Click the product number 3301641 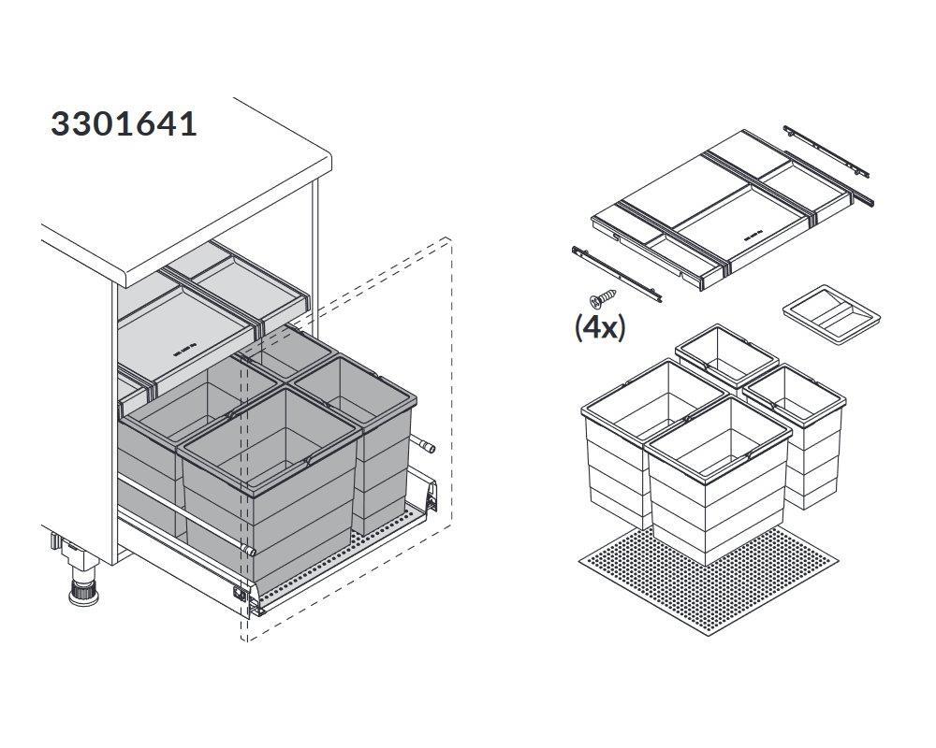pyautogui.click(x=124, y=124)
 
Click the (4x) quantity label pyautogui.click(x=600, y=327)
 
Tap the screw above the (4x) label pyautogui.click(x=602, y=297)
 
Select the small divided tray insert pyautogui.click(x=832, y=314)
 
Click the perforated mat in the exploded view pyautogui.click(x=709, y=582)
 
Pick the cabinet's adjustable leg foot pyautogui.click(x=82, y=583)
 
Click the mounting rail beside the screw pyautogui.click(x=616, y=274)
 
